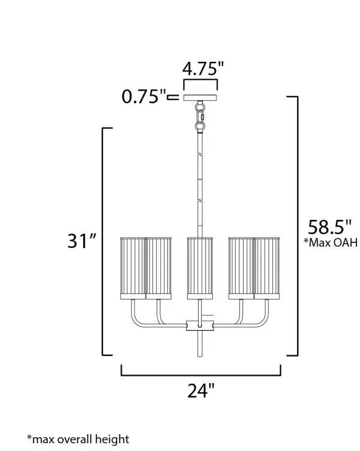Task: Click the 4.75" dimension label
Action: [203, 68]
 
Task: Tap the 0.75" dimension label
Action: [143, 96]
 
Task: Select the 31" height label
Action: [82, 240]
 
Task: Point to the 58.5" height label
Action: [329, 227]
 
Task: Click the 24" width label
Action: [201, 390]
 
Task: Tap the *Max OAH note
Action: [331, 243]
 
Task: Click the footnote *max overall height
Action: [78, 439]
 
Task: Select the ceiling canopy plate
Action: [200, 97]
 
